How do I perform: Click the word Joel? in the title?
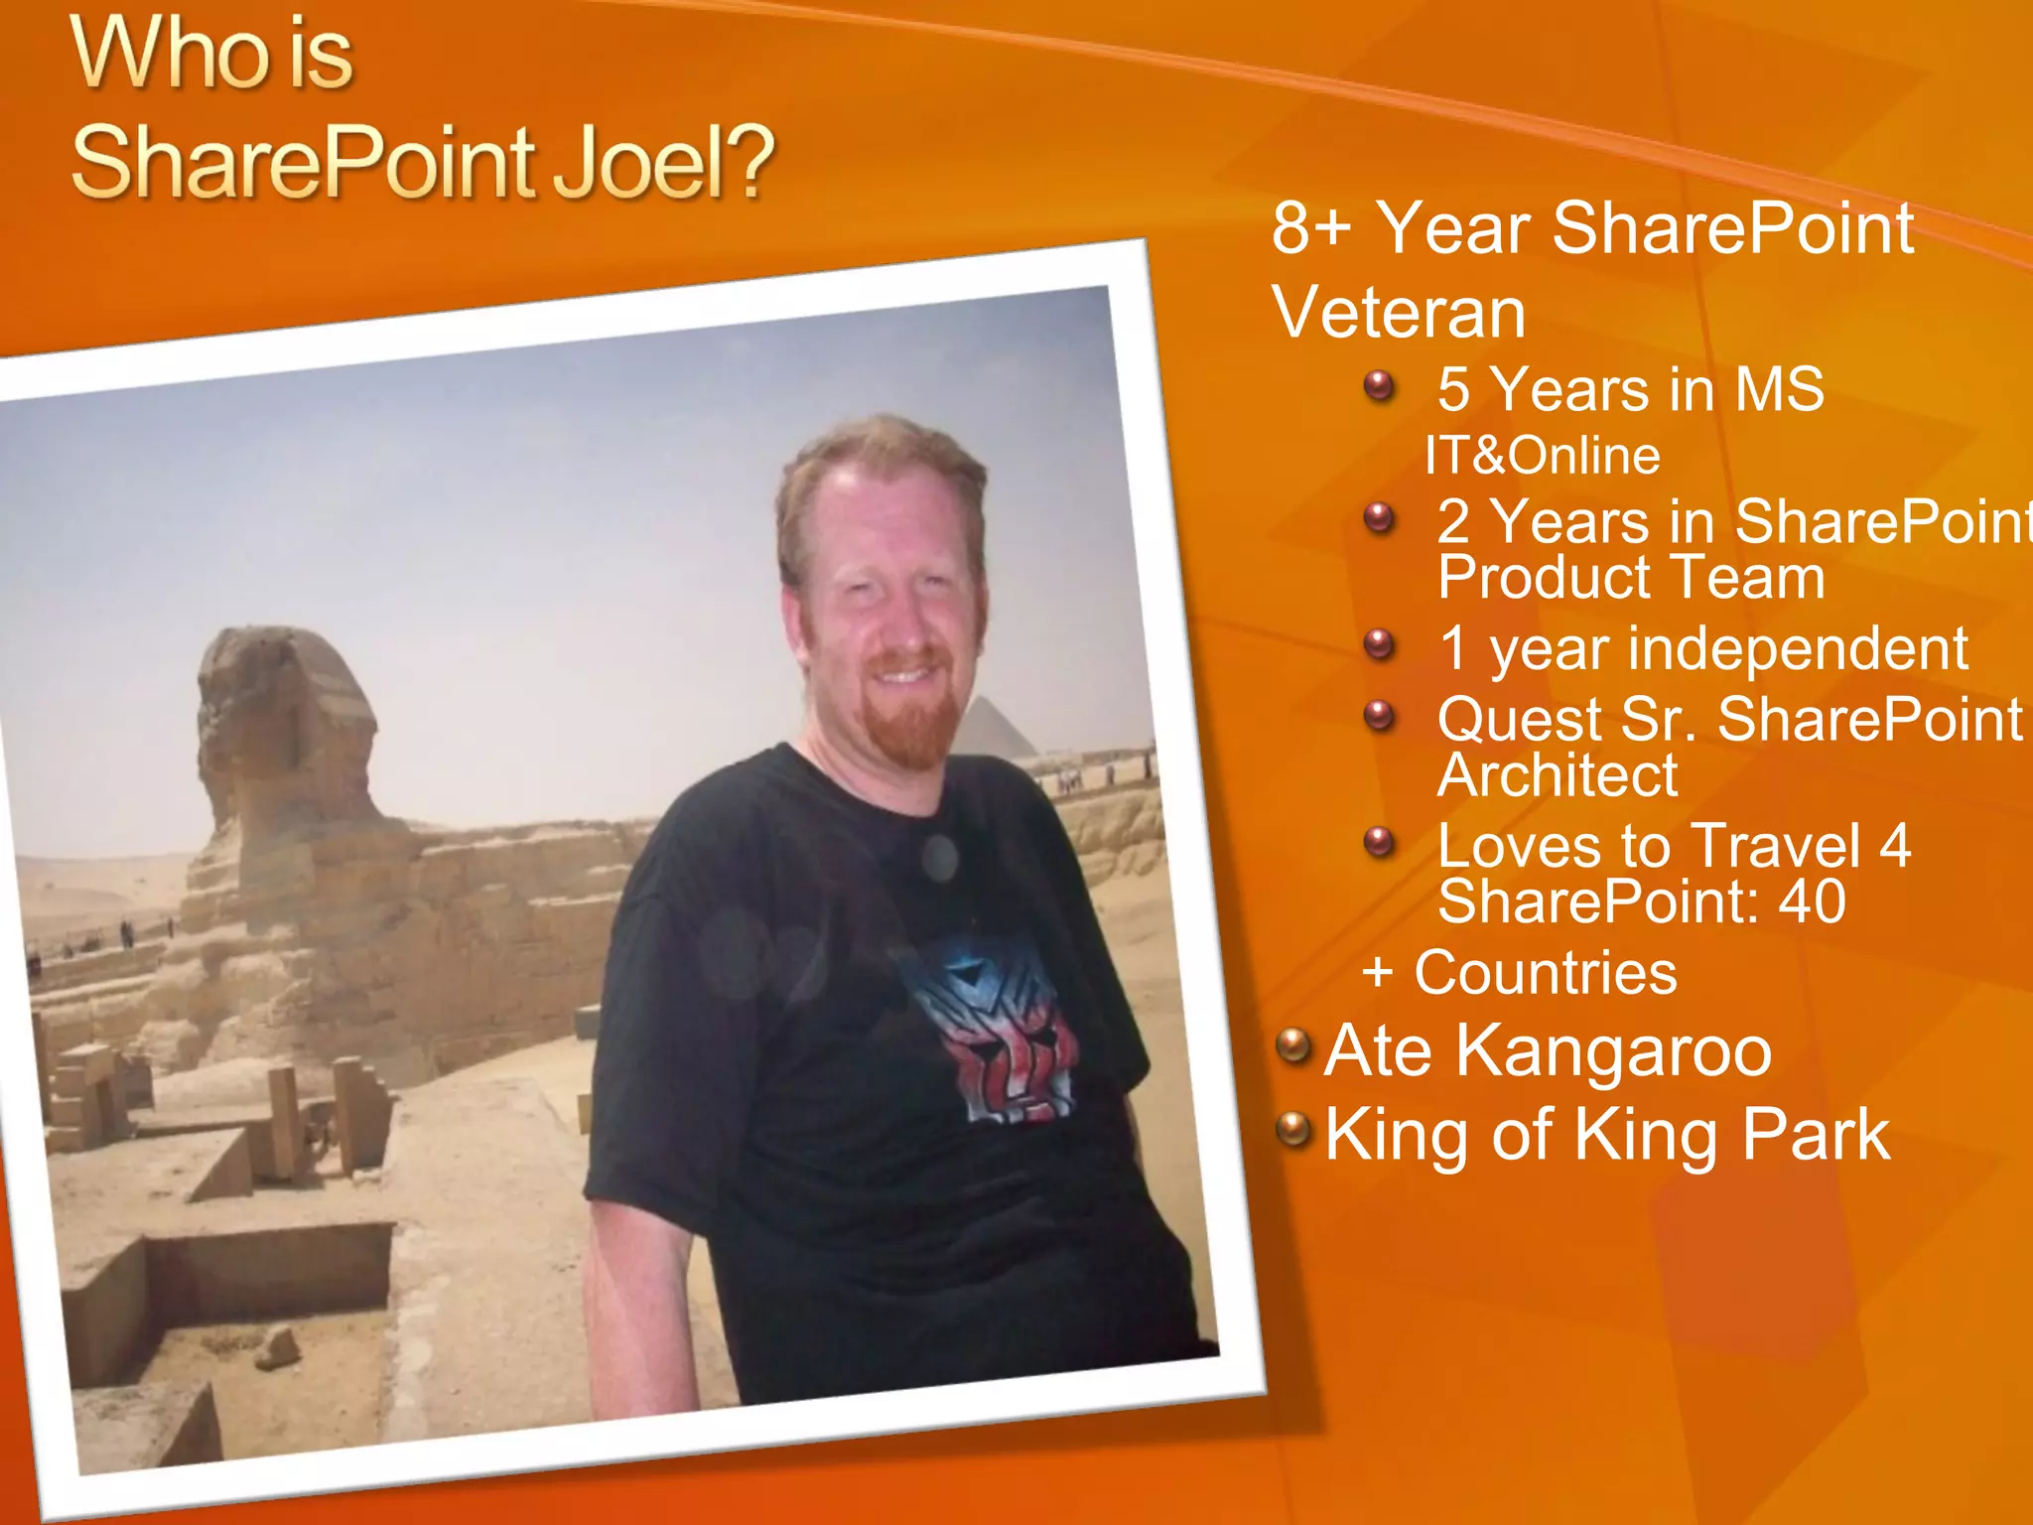663,161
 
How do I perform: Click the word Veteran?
1399,313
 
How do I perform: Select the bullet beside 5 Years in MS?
1380,385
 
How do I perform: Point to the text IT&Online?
1542,456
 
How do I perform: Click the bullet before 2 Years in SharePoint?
1380,517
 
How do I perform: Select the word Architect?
1557,774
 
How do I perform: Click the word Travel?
1775,846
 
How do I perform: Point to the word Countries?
1546,972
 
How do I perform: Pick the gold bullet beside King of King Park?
1293,1129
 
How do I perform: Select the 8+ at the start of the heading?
1310,227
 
